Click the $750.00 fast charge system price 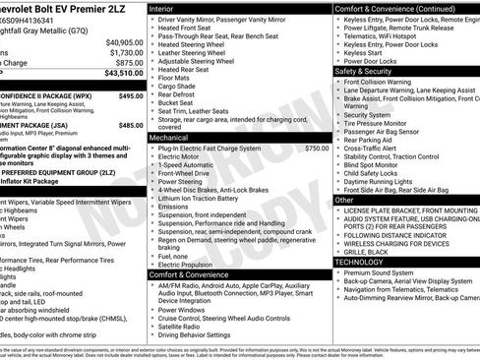[x=317, y=148]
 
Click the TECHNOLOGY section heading [x=360, y=262]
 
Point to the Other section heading [x=344, y=200]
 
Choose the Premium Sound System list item [x=380, y=272]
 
